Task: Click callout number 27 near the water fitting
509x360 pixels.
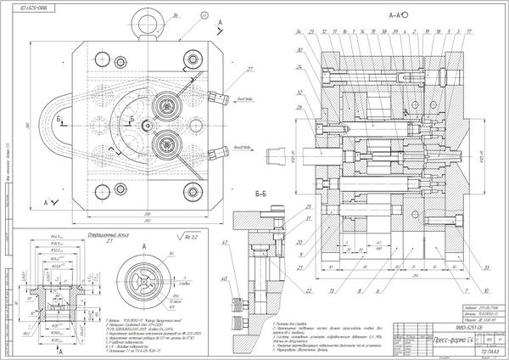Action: coord(227,70)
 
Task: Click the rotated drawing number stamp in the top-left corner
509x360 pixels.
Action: coord(32,6)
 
